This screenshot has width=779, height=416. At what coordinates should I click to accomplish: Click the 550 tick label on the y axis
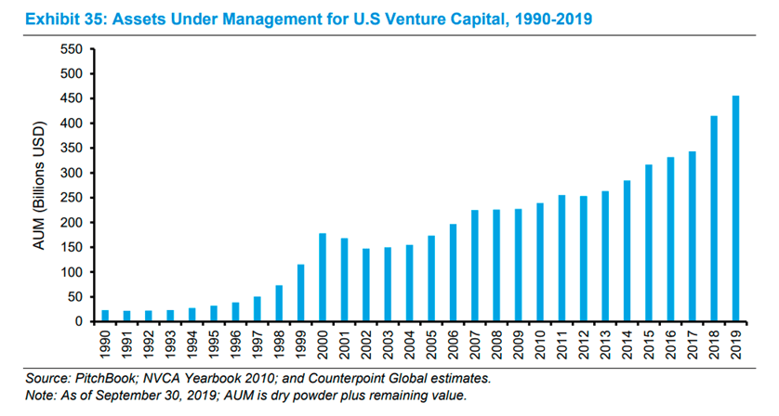(x=71, y=48)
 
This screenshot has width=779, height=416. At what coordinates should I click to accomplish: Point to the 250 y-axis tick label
(x=71, y=198)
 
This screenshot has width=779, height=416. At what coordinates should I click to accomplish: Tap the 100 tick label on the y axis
(x=71, y=272)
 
